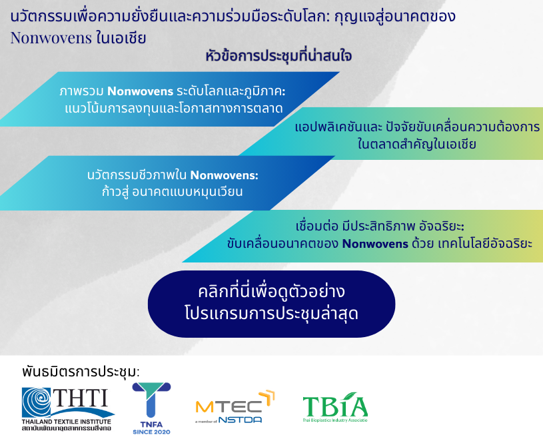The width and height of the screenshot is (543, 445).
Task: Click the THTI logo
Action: coord(68,409)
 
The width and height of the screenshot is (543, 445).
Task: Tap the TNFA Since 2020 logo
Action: coord(151,408)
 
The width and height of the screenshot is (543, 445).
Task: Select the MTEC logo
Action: coord(235,407)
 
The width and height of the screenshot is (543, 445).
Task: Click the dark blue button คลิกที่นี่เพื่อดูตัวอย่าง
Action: coord(271,304)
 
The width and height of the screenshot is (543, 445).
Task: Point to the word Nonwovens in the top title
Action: coord(51,38)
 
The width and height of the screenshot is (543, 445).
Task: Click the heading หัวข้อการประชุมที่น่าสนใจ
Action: coord(278,56)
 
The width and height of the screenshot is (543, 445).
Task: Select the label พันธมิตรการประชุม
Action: coord(81,372)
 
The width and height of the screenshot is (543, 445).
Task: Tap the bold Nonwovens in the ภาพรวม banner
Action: coord(141,91)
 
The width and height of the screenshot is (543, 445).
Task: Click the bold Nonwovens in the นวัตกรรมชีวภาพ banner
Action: coord(224,175)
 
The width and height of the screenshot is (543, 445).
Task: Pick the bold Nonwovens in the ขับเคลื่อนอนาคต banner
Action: coord(375,244)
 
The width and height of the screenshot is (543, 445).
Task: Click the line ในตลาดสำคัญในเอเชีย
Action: coord(416,144)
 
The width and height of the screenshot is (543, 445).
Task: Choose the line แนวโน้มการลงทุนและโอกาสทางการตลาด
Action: coord(174,109)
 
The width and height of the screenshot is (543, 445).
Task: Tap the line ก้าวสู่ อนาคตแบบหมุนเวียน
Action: coord(172,192)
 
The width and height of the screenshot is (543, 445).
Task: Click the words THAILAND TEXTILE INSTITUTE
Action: coord(67,422)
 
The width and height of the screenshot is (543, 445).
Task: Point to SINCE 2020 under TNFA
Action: coord(151,432)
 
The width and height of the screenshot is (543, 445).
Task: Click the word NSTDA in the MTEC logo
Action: coord(240,420)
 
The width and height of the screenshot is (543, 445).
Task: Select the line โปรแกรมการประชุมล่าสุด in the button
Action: coord(272,314)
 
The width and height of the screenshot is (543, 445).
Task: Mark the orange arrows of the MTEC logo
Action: coord(267,397)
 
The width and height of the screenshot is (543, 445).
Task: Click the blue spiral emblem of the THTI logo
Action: coord(37,402)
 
